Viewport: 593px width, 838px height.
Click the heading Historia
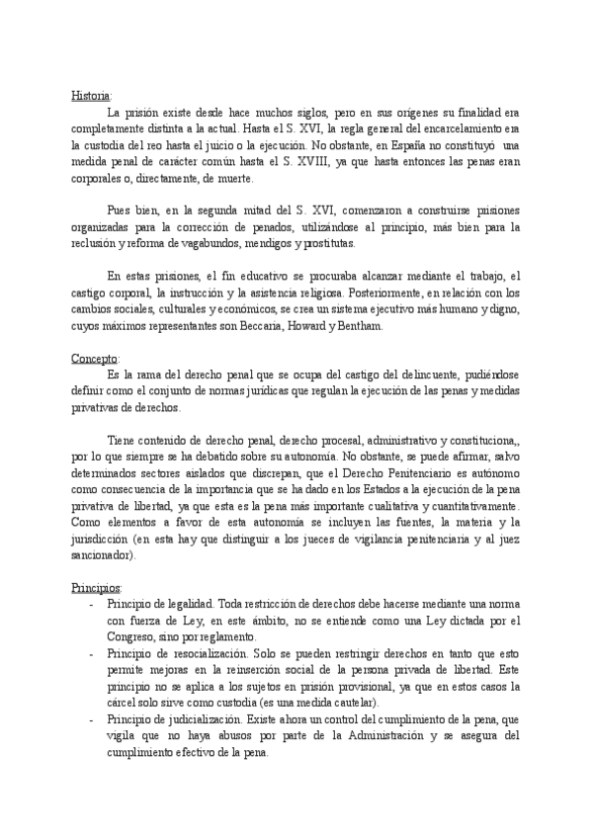pos(91,95)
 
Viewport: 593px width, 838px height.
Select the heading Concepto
pos(94,357)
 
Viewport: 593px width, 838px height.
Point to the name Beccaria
pos(259,326)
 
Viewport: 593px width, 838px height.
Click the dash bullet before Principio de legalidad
pos(92,604)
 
